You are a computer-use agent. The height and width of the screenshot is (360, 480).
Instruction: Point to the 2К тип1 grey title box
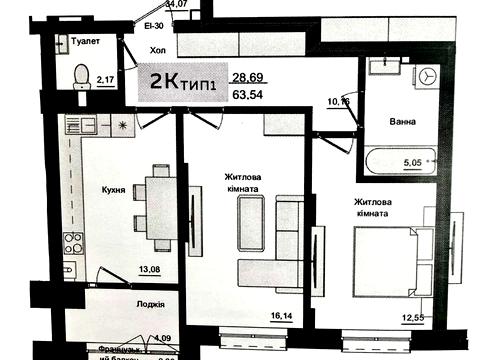[184, 83]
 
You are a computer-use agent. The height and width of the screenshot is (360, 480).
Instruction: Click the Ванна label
[403, 123]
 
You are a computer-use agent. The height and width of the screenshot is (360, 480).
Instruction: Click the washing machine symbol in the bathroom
[429, 75]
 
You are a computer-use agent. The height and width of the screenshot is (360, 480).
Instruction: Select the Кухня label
[112, 189]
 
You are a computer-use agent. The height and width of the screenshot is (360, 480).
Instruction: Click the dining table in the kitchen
[160, 206]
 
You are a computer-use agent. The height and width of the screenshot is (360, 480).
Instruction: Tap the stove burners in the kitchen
[73, 241]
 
